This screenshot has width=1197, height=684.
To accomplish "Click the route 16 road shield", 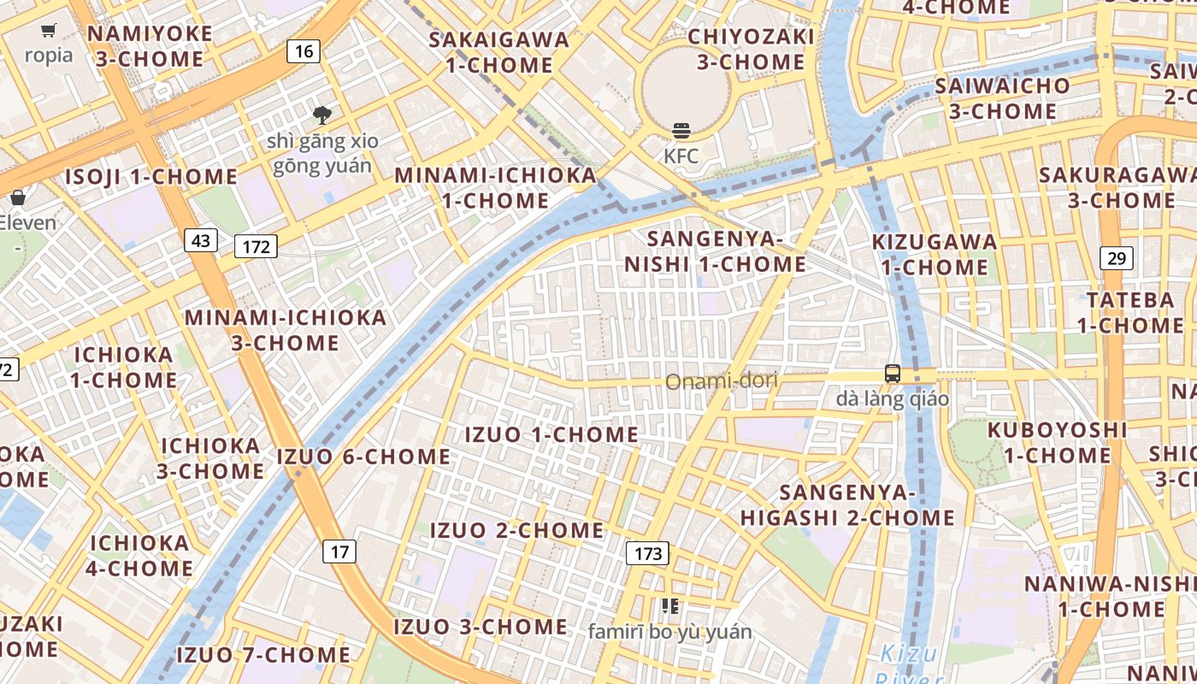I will [304, 51].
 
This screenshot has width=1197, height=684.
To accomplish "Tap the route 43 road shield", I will [201, 240].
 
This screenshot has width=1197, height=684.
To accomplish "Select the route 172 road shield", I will [256, 247].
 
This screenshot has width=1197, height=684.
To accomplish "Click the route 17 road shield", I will [339, 551].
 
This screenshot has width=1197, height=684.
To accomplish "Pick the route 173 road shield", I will [647, 553].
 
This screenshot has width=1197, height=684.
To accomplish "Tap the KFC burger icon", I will [681, 131].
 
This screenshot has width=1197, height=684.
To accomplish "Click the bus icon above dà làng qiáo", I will [893, 374].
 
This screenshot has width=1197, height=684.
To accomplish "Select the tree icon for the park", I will [322, 115].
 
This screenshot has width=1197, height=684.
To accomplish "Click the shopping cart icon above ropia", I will [49, 31].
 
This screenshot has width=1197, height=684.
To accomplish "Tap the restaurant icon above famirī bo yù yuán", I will [669, 606].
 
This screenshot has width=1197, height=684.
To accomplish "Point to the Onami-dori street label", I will [722, 380].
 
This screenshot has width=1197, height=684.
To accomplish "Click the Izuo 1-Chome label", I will [551, 434].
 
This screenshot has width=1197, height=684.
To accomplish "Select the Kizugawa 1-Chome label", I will [935, 254].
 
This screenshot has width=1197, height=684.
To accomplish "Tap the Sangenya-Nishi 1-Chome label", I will [715, 251].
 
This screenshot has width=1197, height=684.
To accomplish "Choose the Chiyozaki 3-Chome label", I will [752, 49].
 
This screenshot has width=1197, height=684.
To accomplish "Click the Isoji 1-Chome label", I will [151, 177].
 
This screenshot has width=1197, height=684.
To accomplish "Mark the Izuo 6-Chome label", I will [363, 457].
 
